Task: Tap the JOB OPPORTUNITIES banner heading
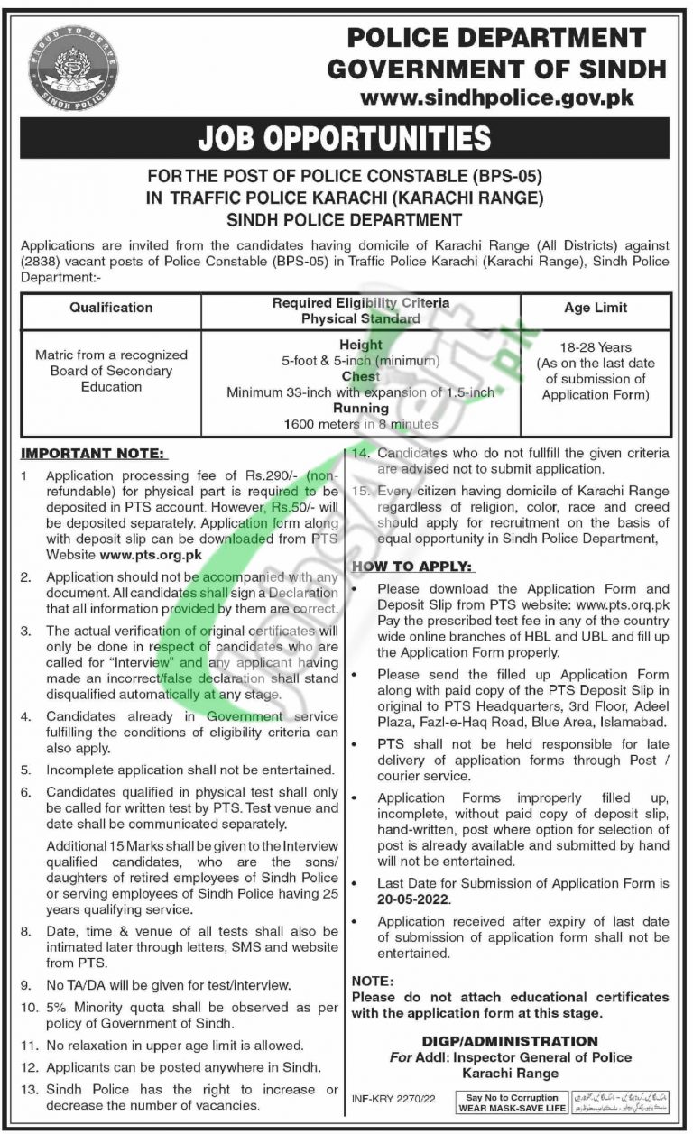click(x=346, y=138)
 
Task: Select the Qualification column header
click(x=111, y=308)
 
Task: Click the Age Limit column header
click(x=596, y=308)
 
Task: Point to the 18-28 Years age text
click(x=596, y=347)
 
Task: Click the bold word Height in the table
click(x=361, y=346)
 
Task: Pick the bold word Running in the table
click(x=361, y=408)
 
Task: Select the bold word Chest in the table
click(x=361, y=376)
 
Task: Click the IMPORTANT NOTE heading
click(x=94, y=453)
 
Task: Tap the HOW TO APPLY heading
click(x=411, y=566)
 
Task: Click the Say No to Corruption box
click(x=513, y=1102)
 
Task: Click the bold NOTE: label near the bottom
click(x=372, y=980)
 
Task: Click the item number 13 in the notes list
click(x=28, y=1090)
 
